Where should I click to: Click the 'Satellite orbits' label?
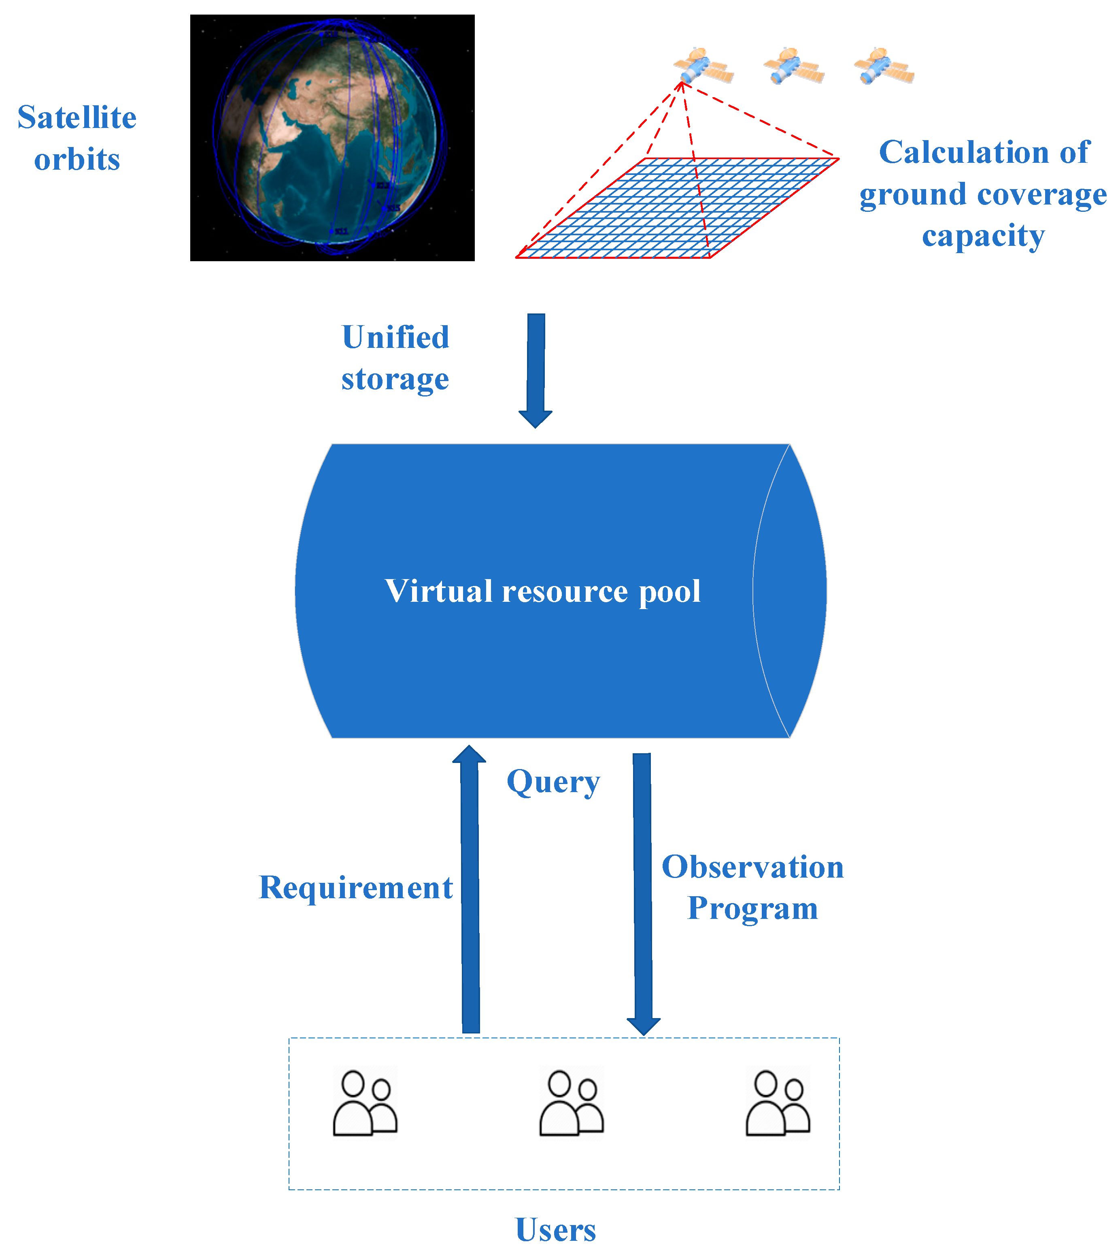[77, 138]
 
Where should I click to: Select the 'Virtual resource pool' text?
[542, 591]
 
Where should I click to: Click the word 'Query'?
[553, 782]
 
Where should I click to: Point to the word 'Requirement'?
[356, 887]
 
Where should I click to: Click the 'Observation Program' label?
[752, 887]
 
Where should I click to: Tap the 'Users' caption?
[555, 1230]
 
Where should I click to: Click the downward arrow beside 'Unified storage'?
[536, 369]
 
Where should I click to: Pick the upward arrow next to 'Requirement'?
[470, 887]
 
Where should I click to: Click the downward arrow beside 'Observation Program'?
[642, 893]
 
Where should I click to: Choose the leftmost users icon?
[365, 1104]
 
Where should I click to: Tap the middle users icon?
[571, 1104]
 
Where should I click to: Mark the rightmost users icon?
[778, 1104]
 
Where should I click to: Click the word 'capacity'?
[983, 236]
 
